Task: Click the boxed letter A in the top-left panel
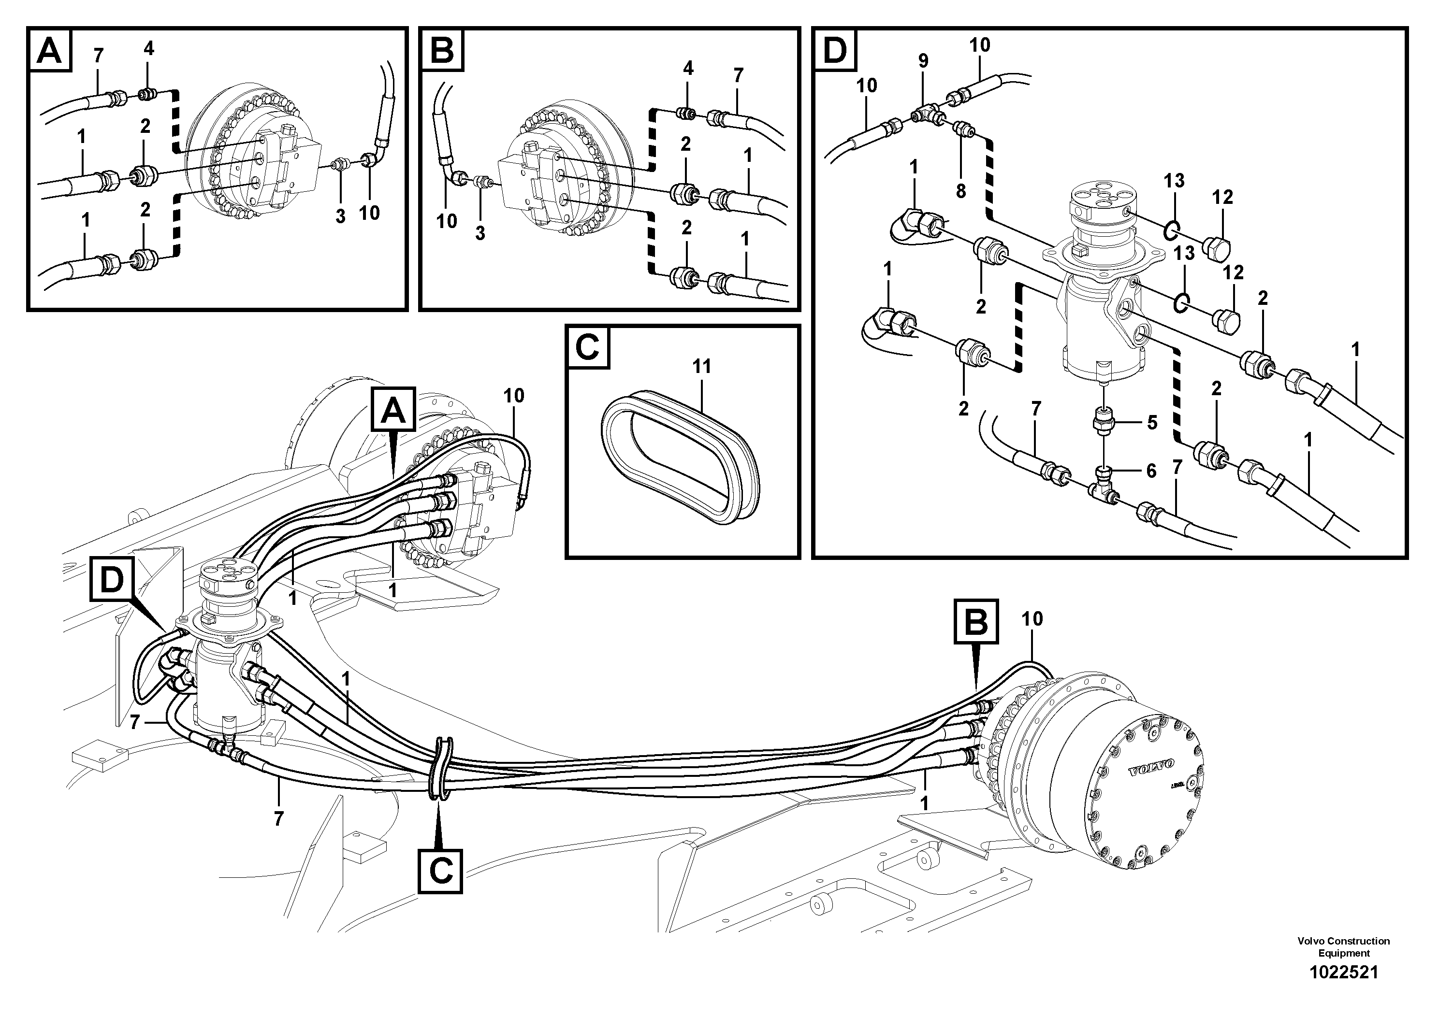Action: pos(49,51)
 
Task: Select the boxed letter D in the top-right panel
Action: pos(835,50)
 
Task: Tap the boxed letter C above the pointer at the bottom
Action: pos(441,871)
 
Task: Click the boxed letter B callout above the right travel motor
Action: pos(976,622)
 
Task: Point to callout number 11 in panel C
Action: pos(701,366)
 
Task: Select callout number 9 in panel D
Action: pos(923,61)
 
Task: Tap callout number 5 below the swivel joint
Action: pos(1152,422)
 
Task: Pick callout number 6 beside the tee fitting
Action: pos(1151,471)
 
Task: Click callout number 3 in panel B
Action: pos(480,233)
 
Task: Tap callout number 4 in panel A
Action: pos(148,48)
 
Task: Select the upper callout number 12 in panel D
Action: pos(1222,197)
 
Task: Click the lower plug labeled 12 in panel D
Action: pos(1223,320)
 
